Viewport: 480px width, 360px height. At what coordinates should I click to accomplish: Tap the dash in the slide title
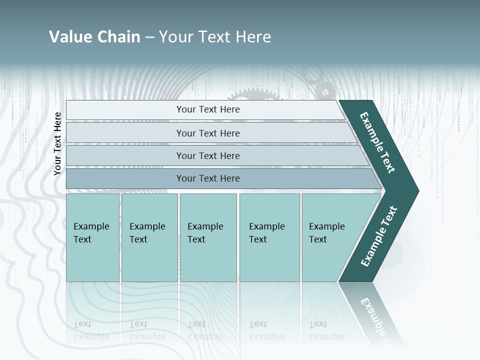[x=149, y=37]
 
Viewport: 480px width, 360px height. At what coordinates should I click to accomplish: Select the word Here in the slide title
[x=253, y=37]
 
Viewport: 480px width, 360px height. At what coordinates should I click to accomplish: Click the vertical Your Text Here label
[x=57, y=143]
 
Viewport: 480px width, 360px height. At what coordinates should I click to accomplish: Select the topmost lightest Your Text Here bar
[x=207, y=109]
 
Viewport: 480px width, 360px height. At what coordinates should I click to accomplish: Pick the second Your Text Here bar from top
[x=207, y=133]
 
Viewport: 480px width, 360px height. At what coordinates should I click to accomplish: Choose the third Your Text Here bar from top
[x=207, y=155]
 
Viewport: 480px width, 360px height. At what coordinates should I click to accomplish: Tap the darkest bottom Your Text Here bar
[x=207, y=178]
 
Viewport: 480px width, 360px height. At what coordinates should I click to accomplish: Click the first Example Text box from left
[x=92, y=237]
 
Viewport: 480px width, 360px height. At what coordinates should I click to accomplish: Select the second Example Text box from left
[x=149, y=237]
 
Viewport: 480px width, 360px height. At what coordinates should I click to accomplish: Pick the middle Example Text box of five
[x=208, y=237]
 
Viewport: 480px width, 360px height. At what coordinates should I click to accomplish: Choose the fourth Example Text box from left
[x=269, y=237]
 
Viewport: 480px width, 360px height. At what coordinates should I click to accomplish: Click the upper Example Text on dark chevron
[x=378, y=142]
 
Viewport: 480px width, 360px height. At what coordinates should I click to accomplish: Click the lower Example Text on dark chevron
[x=378, y=236]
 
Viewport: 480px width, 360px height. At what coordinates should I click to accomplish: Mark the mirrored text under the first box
[x=91, y=330]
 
